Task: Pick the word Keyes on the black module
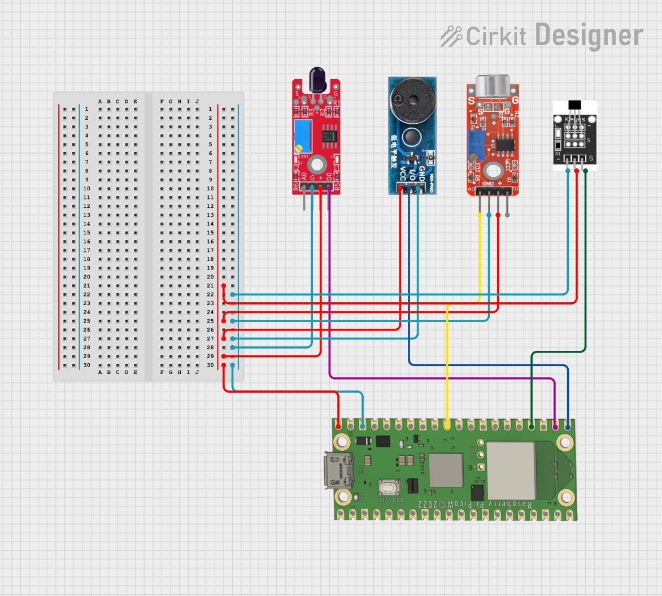(574, 120)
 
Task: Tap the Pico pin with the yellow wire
(447, 425)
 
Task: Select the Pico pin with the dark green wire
(532, 425)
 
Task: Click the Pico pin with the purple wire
(556, 425)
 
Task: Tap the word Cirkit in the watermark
(496, 37)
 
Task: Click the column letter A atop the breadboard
(100, 102)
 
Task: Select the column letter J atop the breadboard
(197, 102)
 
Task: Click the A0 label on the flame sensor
(304, 177)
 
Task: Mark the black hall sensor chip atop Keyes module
(575, 105)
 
